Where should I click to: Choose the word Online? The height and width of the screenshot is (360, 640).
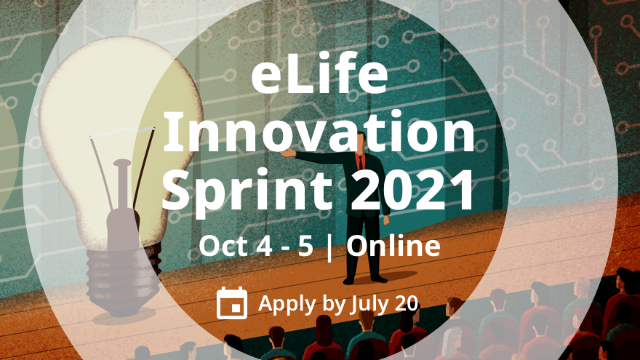click(x=393, y=247)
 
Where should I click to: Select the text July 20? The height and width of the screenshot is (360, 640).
click(x=384, y=303)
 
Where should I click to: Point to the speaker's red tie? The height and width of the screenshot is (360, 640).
click(x=361, y=161)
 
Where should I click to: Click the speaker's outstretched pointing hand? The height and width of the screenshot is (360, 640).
click(x=288, y=153)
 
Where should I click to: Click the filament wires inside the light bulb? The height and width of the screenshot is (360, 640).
click(x=120, y=167)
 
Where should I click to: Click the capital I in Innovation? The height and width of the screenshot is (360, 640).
click(x=172, y=135)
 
